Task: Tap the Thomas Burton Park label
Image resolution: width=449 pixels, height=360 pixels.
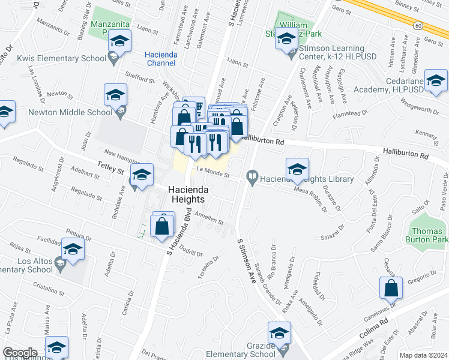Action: click(x=428, y=235)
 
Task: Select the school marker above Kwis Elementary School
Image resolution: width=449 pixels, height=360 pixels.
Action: click(x=119, y=43)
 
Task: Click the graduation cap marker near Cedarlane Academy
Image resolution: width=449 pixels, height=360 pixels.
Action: click(x=436, y=81)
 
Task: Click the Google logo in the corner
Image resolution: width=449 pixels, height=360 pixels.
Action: click(x=19, y=353)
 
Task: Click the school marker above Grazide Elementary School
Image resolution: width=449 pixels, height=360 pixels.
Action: click(x=279, y=333)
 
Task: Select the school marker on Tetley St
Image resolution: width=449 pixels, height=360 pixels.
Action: click(x=142, y=175)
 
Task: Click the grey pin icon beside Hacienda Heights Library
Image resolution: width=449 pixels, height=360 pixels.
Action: click(x=253, y=178)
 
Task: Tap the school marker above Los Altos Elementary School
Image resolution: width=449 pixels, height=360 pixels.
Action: click(x=73, y=249)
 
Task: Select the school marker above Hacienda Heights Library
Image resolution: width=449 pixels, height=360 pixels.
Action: click(x=297, y=170)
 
